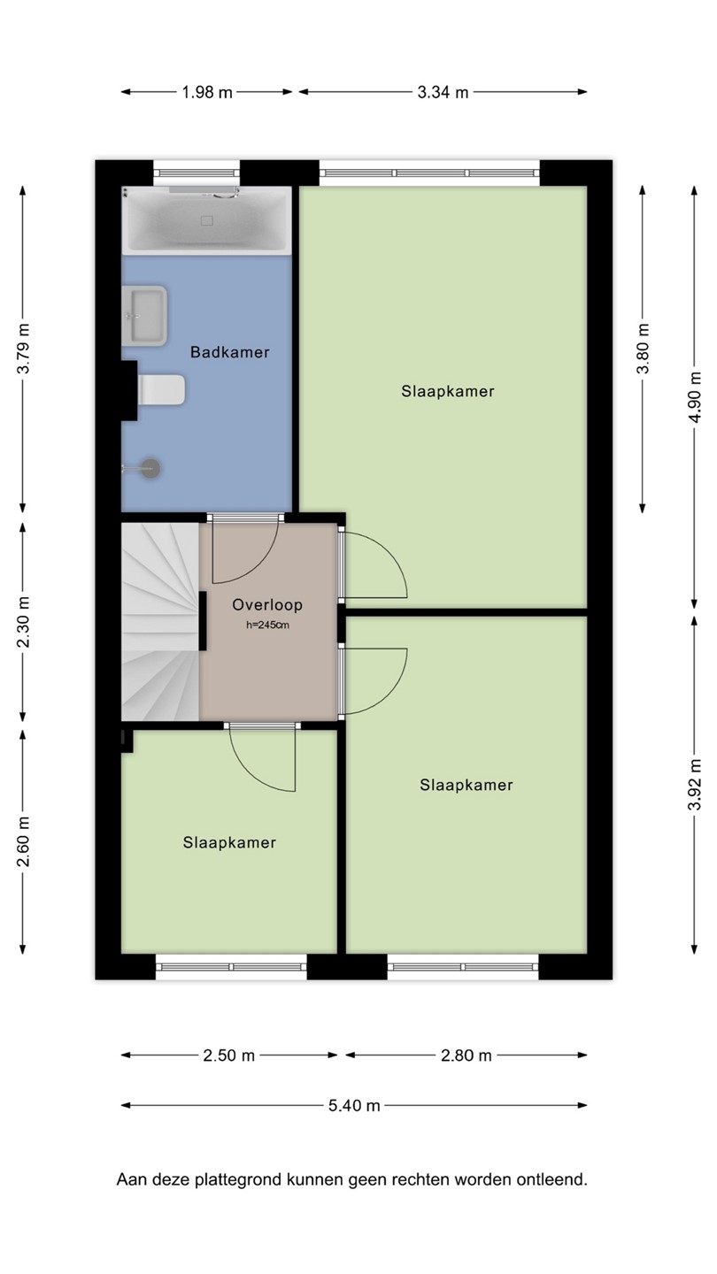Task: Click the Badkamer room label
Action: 230,352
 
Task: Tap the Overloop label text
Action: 267,604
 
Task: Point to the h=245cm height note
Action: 267,625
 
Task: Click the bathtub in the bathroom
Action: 207,220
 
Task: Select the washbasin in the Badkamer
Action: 144,316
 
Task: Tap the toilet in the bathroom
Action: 162,389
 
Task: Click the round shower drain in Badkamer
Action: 150,469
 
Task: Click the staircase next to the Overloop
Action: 160,622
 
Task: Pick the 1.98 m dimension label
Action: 207,92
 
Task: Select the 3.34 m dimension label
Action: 443,92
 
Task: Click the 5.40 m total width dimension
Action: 354,1105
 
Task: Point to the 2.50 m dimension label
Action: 228,1055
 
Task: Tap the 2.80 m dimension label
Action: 466,1055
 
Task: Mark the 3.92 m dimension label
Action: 694,784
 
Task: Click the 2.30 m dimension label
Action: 23,622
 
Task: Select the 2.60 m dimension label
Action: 23,841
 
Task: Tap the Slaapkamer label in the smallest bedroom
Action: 229,842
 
